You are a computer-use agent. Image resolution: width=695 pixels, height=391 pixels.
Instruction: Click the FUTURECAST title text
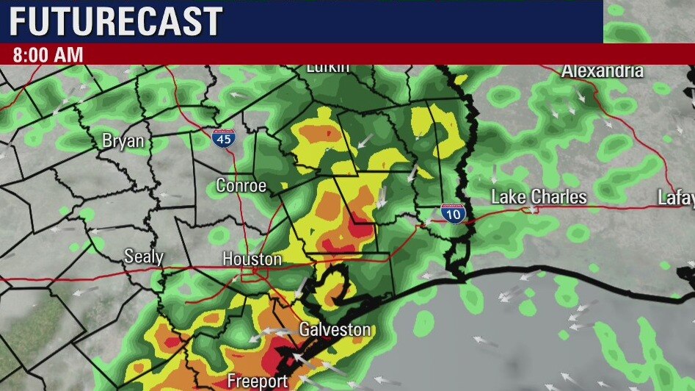click(115, 22)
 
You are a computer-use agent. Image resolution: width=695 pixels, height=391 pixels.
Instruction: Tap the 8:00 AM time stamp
click(48, 55)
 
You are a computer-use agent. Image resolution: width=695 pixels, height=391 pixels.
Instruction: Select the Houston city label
click(252, 259)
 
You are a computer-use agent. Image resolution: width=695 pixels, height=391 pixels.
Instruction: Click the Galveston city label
click(335, 330)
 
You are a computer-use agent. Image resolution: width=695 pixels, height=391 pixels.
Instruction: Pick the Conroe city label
click(241, 186)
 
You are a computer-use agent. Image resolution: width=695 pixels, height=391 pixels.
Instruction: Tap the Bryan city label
click(123, 141)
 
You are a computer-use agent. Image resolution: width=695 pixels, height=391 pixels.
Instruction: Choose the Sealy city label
click(143, 257)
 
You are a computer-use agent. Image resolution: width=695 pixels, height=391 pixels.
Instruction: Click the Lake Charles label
click(539, 197)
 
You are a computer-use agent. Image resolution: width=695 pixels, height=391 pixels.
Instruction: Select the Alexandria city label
click(602, 71)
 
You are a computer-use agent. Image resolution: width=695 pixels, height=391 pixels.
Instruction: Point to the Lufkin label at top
click(327, 68)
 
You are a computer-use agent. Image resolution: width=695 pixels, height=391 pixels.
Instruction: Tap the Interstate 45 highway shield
click(221, 138)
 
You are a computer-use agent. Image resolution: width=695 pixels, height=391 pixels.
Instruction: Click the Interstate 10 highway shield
click(453, 213)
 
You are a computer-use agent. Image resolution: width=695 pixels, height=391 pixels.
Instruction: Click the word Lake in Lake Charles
click(508, 197)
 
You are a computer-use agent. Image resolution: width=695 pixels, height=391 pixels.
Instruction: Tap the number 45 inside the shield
click(221, 140)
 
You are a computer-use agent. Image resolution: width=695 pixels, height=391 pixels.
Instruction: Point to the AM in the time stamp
click(70, 55)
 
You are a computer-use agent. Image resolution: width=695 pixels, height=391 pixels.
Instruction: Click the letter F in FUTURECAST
click(17, 22)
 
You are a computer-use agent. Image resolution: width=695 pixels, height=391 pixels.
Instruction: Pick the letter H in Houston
click(228, 259)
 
